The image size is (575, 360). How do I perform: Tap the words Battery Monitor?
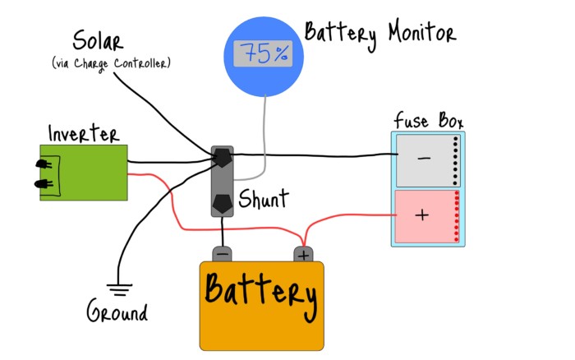pyautogui.click(x=379, y=34)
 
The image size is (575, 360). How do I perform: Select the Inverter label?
pyautogui.click(x=83, y=133)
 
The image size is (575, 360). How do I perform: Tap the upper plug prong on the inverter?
pyautogui.click(x=42, y=164)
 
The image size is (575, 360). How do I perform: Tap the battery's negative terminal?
pyautogui.click(x=223, y=254)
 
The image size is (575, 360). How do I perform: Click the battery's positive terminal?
pyautogui.click(x=303, y=254)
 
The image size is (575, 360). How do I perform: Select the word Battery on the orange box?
pyautogui.click(x=260, y=293)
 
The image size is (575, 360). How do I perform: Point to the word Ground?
pyautogui.click(x=117, y=313)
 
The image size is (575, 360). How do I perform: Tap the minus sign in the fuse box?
pyautogui.click(x=424, y=158)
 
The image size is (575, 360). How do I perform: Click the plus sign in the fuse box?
pyautogui.click(x=422, y=215)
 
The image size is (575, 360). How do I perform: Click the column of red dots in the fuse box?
pyautogui.click(x=458, y=216)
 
